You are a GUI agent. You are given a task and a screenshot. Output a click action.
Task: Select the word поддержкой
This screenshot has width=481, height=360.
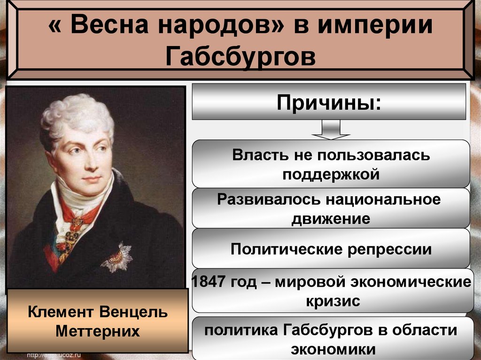(331, 174)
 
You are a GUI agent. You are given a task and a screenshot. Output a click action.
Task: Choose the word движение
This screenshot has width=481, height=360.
(331, 218)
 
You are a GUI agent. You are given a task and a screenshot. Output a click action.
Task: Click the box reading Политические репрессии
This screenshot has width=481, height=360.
(331, 249)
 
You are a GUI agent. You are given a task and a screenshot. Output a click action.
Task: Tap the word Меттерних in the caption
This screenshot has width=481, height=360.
(97, 331)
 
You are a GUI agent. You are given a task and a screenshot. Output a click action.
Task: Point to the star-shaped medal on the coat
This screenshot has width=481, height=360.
(117, 257)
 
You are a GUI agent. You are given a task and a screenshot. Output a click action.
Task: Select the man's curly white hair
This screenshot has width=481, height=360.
(75, 113)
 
